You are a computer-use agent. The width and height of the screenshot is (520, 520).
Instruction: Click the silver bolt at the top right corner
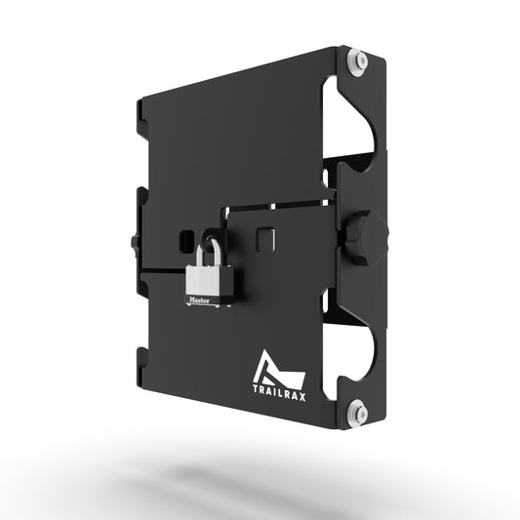pos(361,61)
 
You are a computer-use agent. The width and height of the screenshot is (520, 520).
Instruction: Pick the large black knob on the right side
pos(370,236)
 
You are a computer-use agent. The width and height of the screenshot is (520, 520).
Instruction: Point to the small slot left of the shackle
pos(182,239)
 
